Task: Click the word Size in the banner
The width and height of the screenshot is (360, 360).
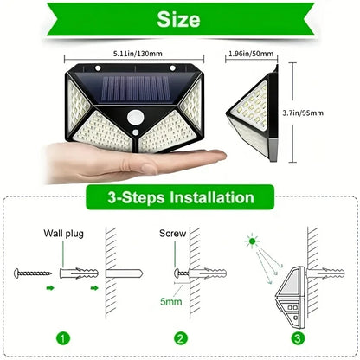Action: (180, 19)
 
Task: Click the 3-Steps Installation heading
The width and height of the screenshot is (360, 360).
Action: (180, 198)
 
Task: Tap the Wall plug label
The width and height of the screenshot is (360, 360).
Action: (62, 233)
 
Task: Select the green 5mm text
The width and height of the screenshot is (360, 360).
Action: (171, 303)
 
